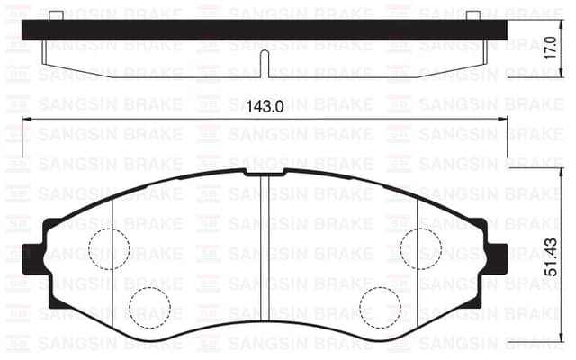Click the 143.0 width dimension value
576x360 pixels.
coord(265,106)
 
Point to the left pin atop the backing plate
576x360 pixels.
coord(55,14)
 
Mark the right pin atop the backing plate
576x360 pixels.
coord(472,14)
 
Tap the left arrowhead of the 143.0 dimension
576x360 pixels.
coord(24,119)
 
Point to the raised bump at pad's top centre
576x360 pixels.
coord(264,170)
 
